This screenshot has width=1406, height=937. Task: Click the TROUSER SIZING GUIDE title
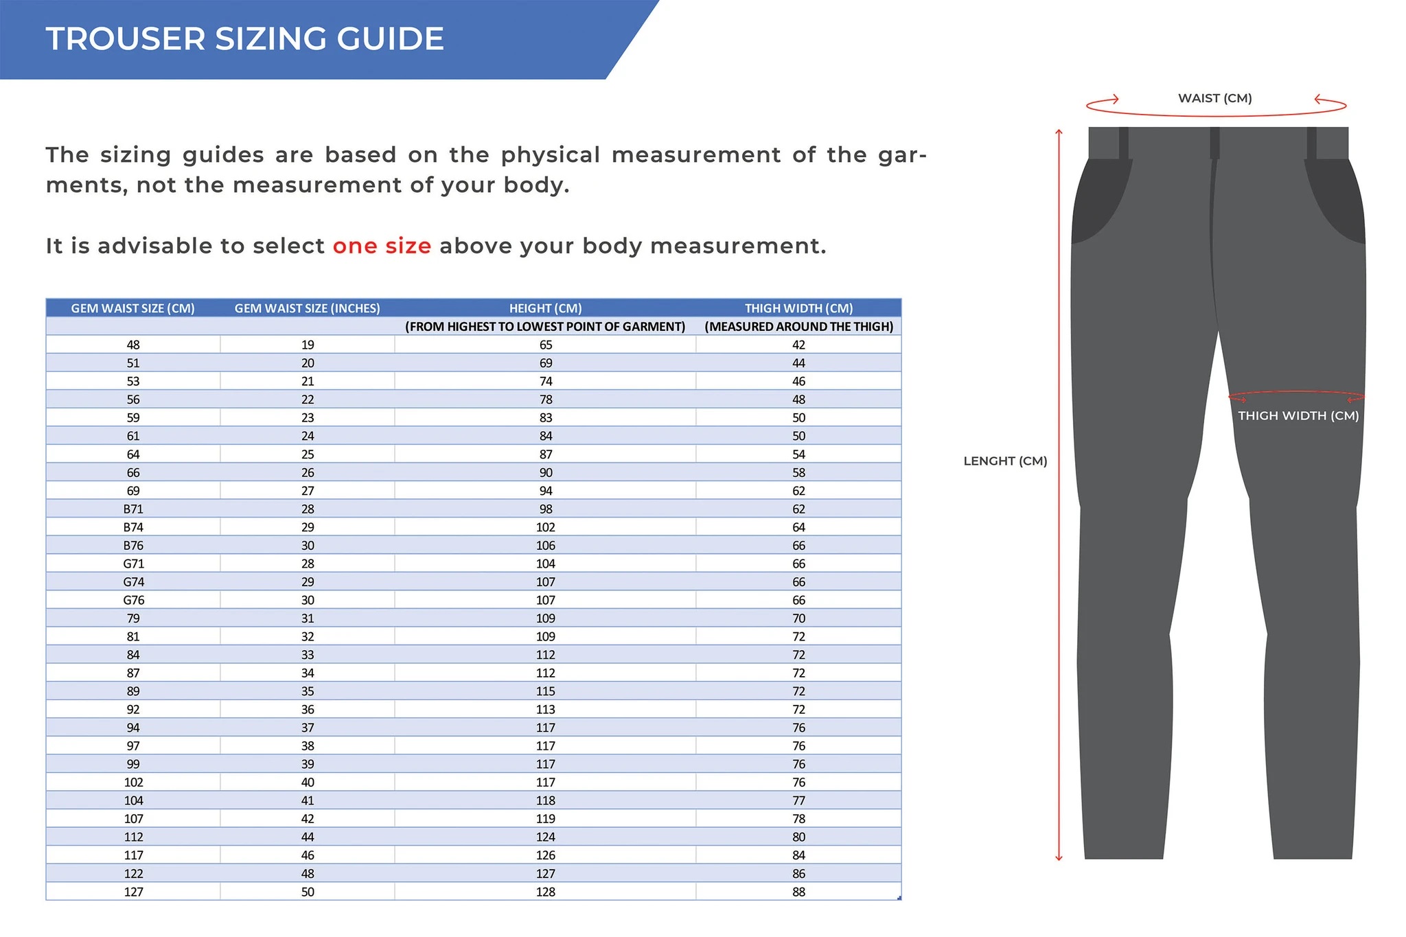click(244, 38)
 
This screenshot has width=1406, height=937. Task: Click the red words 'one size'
click(382, 246)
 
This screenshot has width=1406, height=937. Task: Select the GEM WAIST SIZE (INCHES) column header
click(307, 308)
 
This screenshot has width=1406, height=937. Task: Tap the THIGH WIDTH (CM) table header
click(798, 308)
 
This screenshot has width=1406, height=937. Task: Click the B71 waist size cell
click(133, 509)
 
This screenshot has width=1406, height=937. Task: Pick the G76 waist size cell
click(133, 600)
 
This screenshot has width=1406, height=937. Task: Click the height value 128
click(546, 892)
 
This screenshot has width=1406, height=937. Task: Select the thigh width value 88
click(798, 892)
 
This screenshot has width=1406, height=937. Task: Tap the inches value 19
click(308, 345)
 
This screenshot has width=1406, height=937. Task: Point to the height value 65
click(546, 345)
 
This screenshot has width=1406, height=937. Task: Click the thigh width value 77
click(798, 800)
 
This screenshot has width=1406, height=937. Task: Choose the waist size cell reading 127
click(133, 892)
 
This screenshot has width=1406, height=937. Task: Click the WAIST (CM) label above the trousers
click(1214, 98)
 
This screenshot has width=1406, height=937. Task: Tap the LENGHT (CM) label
click(1005, 461)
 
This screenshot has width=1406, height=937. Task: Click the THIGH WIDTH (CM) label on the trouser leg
click(1298, 415)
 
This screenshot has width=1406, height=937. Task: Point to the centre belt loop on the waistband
click(1214, 143)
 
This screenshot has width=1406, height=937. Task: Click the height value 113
click(546, 709)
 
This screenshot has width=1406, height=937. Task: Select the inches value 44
click(308, 837)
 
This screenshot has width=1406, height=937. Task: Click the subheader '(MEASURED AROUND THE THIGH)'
click(798, 327)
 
